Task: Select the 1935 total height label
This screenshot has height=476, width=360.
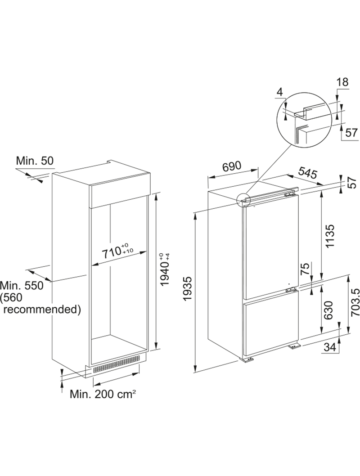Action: (x=188, y=288)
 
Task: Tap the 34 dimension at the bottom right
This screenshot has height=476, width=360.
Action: (x=330, y=347)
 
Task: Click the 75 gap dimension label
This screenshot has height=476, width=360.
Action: (x=306, y=269)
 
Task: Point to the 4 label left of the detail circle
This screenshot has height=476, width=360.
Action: (x=280, y=92)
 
